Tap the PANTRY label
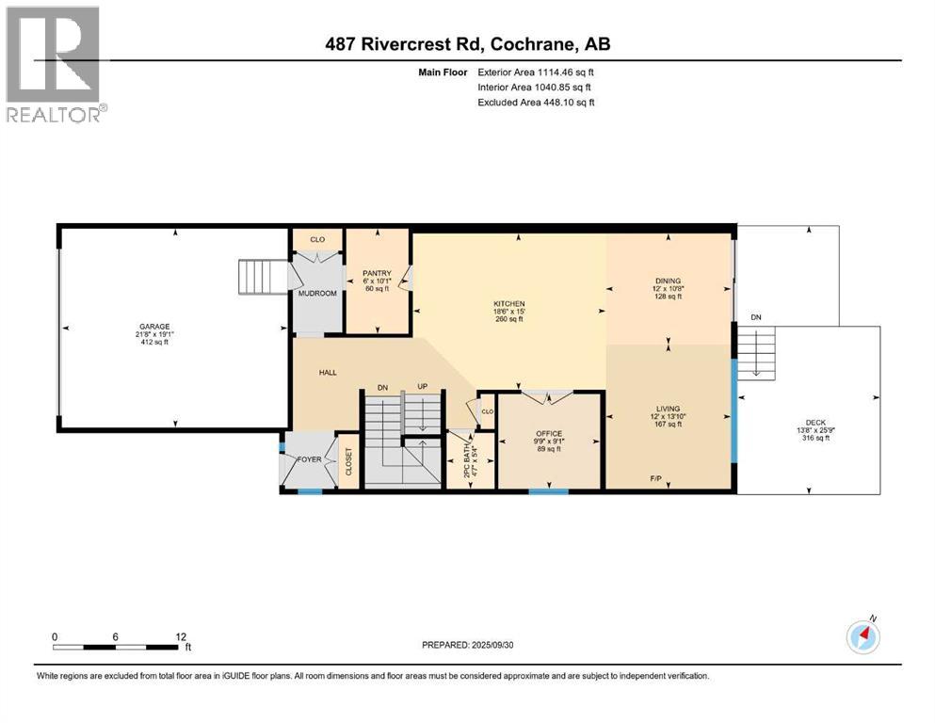coord(377,274)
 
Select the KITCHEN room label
coord(508,304)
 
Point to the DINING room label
coord(668,281)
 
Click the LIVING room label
coord(668,409)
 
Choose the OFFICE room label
coord(548,433)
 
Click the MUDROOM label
coord(317,293)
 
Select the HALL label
coord(328,373)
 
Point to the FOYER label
coord(310,459)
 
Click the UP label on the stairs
coord(424,387)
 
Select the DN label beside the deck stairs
coord(755,317)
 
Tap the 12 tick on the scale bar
coord(179,636)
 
